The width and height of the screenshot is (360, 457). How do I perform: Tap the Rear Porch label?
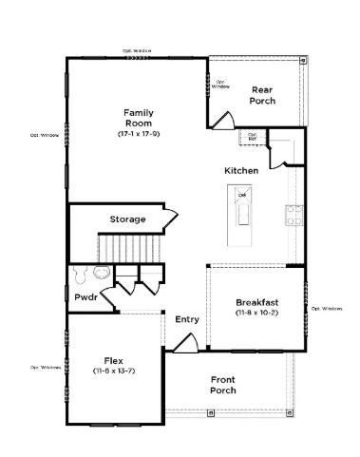[262, 95]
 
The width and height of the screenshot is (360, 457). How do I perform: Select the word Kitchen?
[241, 170]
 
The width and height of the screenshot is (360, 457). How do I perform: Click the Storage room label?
[127, 219]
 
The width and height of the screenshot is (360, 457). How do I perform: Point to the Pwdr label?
[85, 297]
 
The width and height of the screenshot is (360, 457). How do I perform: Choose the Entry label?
[187, 319]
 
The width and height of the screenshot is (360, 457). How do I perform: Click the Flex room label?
[113, 361]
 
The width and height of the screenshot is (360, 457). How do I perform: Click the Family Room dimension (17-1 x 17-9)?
[139, 135]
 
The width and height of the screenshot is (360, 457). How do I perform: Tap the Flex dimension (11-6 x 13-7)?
[113, 371]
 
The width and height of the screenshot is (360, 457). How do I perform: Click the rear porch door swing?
[222, 121]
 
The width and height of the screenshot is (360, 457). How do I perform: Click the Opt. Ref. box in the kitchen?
[253, 137]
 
